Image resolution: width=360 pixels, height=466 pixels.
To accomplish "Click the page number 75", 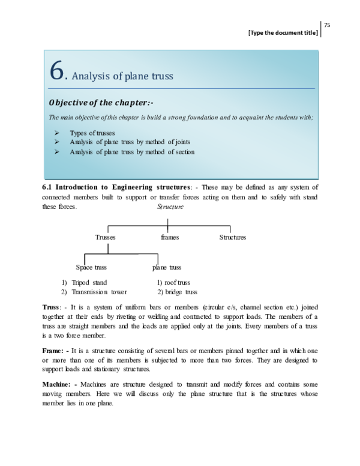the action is coord(328,25).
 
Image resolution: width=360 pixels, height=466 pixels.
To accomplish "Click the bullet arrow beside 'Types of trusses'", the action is coord(55,133).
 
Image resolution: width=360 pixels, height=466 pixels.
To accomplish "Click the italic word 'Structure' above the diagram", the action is coord(170,207).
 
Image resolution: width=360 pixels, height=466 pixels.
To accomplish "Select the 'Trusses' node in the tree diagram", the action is coord(105,237).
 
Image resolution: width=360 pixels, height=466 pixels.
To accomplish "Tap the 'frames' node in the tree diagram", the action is coord(170,237).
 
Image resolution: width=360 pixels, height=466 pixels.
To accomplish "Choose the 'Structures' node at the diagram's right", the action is coord(233,237).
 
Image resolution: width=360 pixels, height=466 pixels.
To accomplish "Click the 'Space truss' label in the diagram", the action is coord(91,267).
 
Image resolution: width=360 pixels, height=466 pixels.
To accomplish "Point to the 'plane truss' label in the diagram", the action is coord(167,267).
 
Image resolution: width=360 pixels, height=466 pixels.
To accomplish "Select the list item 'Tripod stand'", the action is coord(89,282).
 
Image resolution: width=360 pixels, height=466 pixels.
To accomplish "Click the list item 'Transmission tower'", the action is coord(99,292).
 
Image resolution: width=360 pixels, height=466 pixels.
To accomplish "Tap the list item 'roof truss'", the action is coord(177,282).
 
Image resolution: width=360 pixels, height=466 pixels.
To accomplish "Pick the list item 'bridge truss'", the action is coord(181,292).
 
